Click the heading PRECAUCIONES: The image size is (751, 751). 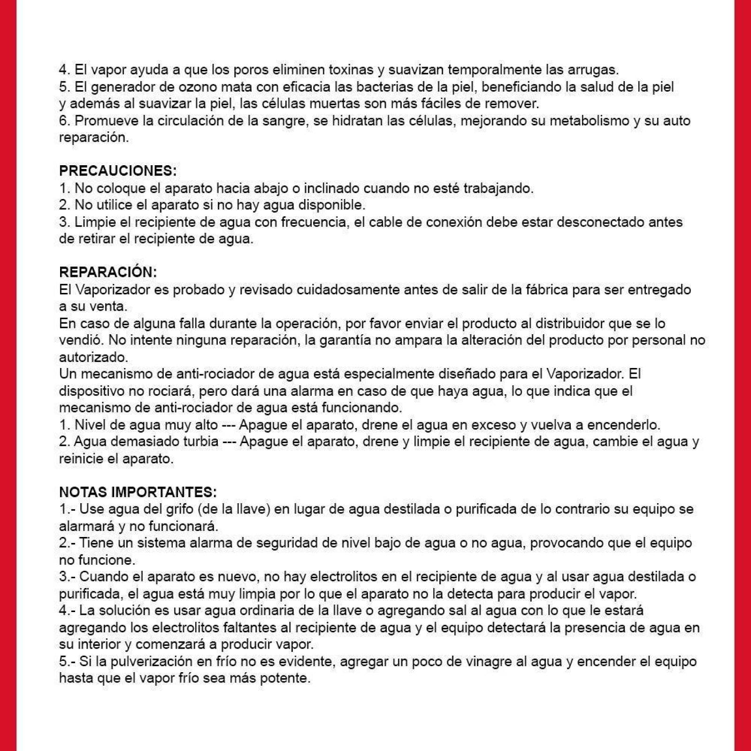118,171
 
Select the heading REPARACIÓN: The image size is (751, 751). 108,272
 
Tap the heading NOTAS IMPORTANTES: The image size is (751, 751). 138,492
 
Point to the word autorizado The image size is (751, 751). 93,357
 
